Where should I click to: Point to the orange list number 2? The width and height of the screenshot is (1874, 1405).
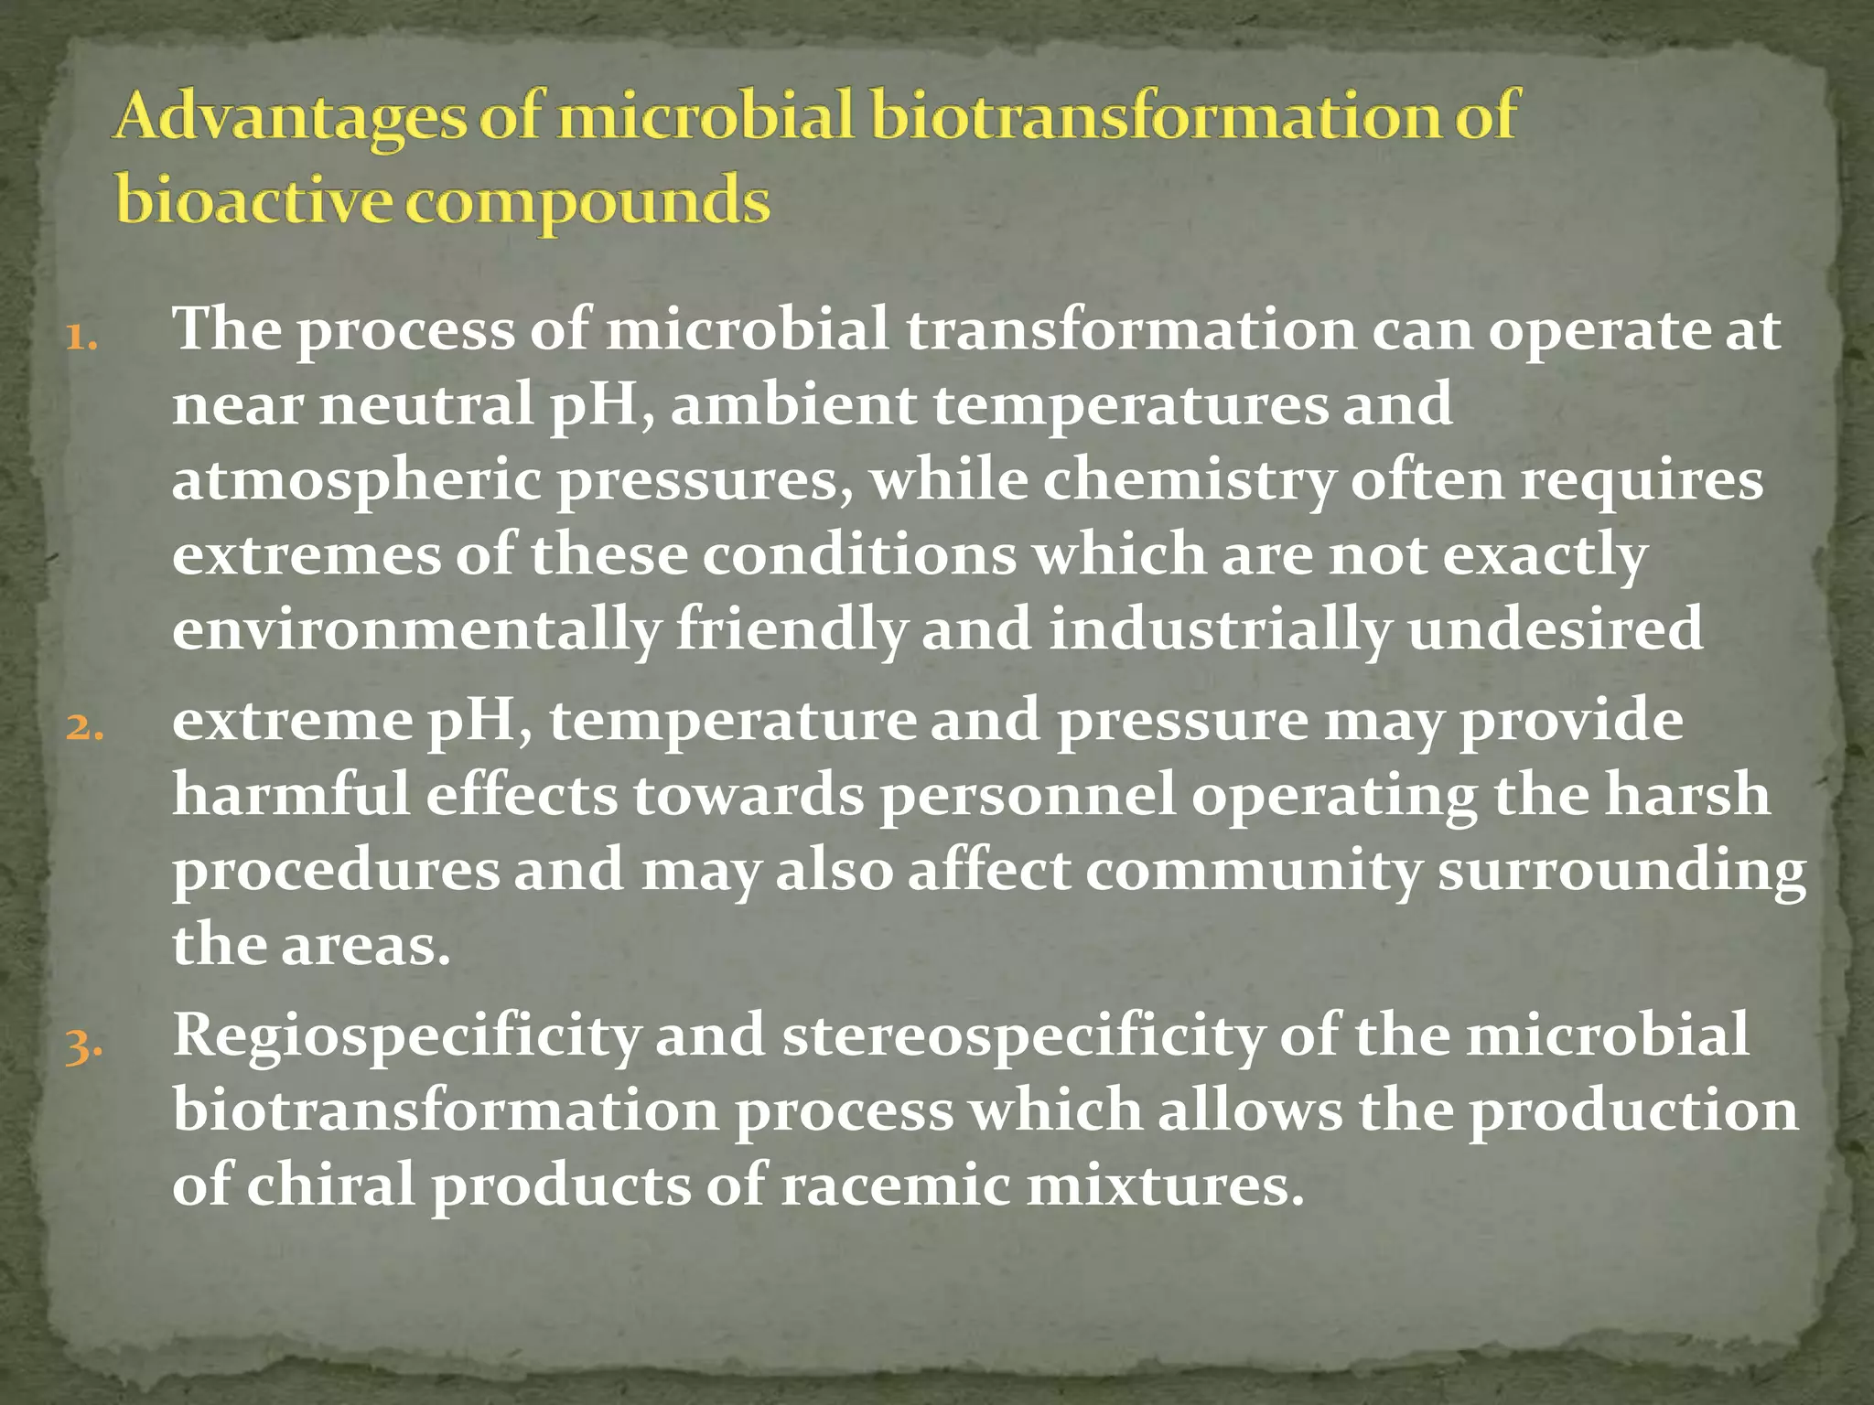tap(84, 728)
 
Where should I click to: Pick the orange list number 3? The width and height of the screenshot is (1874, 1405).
tap(84, 1045)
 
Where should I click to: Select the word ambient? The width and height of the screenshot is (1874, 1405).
tap(793, 404)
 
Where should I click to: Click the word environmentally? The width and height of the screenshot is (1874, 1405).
tap(416, 631)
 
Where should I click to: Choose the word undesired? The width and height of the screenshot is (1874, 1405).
tap(1555, 629)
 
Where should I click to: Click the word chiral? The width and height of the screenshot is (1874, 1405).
tap(330, 1185)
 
